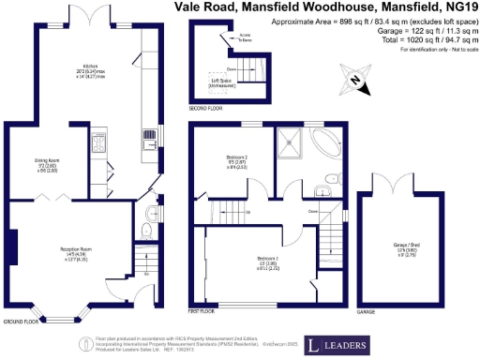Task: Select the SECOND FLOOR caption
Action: click(205, 109)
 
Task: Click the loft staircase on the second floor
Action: click(247, 67)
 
